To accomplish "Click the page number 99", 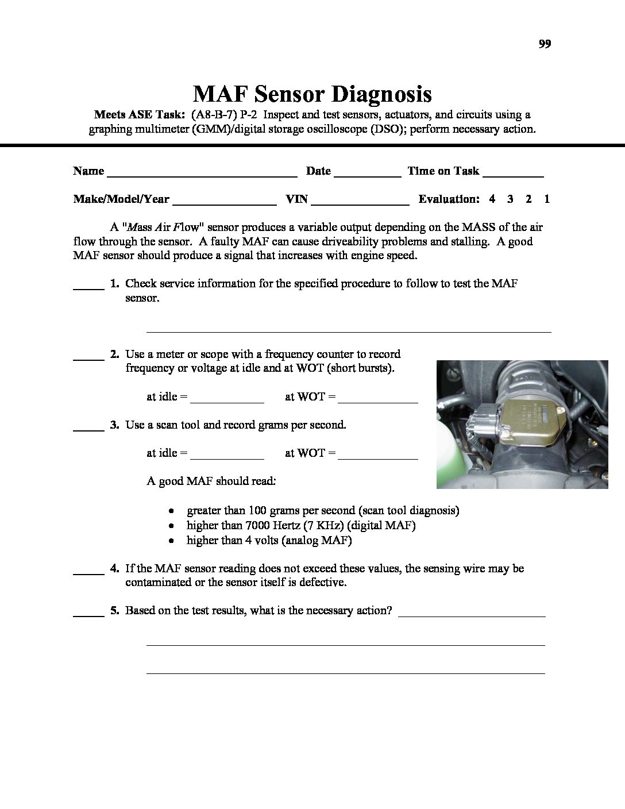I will pyautogui.click(x=545, y=44).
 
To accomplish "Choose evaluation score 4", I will pyautogui.click(x=492, y=199).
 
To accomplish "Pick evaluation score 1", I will pyautogui.click(x=547, y=199).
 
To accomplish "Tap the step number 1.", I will pyautogui.click(x=114, y=283).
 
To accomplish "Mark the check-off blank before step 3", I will pyautogui.click(x=88, y=429).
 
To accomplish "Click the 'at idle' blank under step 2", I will pyautogui.click(x=226, y=401).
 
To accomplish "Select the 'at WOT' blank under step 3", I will pyautogui.click(x=378, y=457).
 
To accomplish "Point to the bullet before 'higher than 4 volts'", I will pyautogui.click(x=171, y=541).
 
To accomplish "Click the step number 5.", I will pyautogui.click(x=114, y=611).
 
